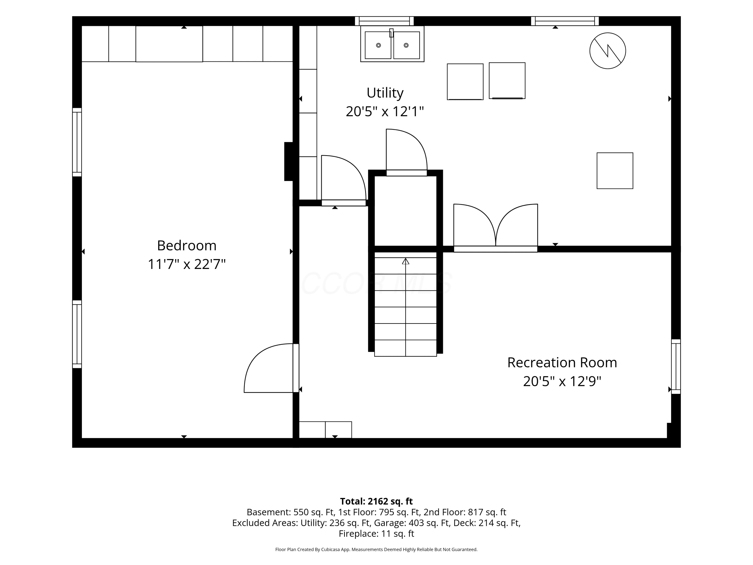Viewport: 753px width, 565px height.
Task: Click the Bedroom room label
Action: (x=186, y=246)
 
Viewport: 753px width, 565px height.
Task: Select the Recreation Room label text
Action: (x=562, y=363)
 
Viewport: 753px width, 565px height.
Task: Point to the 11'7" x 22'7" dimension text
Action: (x=186, y=264)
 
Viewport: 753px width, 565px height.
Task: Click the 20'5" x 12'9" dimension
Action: (x=562, y=381)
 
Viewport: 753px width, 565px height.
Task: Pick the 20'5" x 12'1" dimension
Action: (x=385, y=111)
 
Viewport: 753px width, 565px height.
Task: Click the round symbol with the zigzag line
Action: (x=608, y=51)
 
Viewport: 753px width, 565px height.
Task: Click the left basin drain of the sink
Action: (x=378, y=45)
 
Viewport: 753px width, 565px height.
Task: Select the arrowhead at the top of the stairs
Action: (x=405, y=261)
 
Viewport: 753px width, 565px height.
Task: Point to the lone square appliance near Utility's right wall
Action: (x=615, y=171)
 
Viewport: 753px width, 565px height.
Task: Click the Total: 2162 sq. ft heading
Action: (x=376, y=501)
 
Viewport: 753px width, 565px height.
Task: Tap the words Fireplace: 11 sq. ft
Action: (x=376, y=534)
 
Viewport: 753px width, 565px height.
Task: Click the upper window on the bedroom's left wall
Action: (x=77, y=142)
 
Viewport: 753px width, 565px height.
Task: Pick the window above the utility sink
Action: (x=384, y=21)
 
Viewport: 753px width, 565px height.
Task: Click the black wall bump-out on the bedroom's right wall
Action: (x=289, y=161)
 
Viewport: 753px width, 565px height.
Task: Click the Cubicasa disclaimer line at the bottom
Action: (x=376, y=549)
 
